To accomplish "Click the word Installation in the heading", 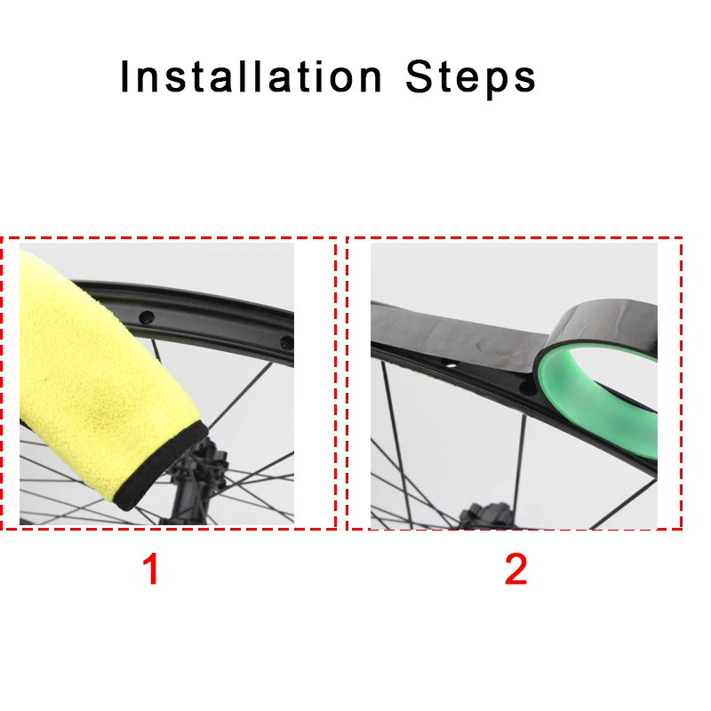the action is tap(252, 76).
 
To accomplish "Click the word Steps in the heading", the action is tap(471, 78).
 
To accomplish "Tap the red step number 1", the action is tap(151, 569).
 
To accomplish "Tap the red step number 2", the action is tap(516, 569).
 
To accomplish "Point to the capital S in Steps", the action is tap(419, 76).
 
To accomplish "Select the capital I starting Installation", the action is tap(124, 76).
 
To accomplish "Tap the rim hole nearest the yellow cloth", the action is tap(147, 317).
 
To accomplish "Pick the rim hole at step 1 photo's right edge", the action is tap(287, 342).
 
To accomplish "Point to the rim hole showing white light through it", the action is tap(450, 363).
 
